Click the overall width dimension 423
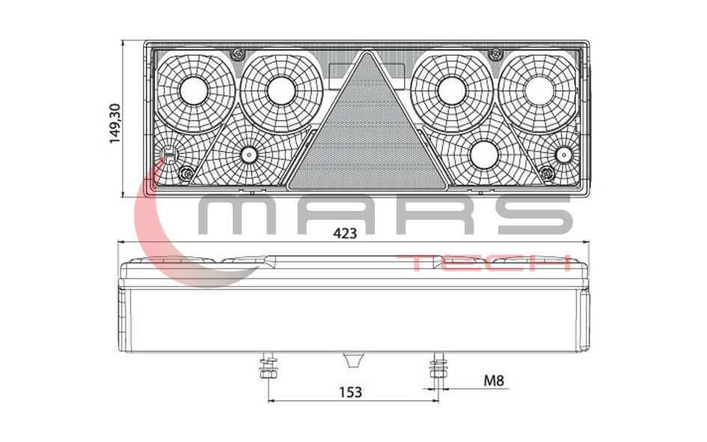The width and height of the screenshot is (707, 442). (345, 233)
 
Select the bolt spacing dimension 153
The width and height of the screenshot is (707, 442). (350, 392)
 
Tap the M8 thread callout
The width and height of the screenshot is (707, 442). (494, 381)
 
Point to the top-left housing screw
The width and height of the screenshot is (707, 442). (237, 55)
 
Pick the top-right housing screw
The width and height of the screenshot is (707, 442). (495, 54)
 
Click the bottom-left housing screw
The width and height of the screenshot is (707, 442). (186, 172)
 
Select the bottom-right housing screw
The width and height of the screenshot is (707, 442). (547, 173)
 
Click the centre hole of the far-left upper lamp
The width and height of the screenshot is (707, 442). (194, 90)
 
